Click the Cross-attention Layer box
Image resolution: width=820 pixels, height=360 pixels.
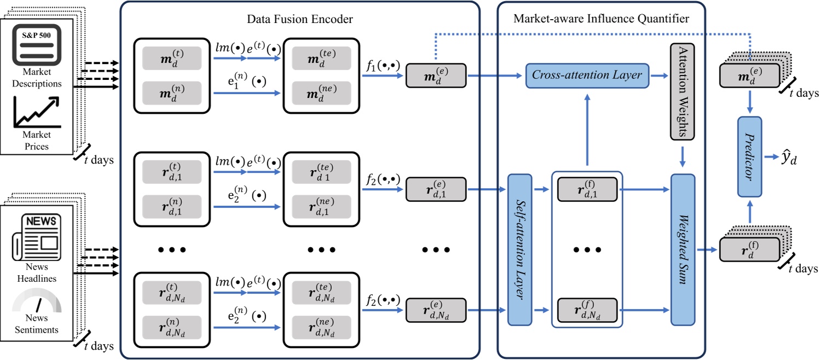pos(587,75)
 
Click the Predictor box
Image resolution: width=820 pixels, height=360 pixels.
pos(749,156)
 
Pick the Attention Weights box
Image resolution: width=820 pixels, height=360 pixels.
pos(682,91)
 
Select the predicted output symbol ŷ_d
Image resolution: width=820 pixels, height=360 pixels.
pos(789,159)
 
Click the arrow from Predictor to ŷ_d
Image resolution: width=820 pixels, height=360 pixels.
pos(770,157)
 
